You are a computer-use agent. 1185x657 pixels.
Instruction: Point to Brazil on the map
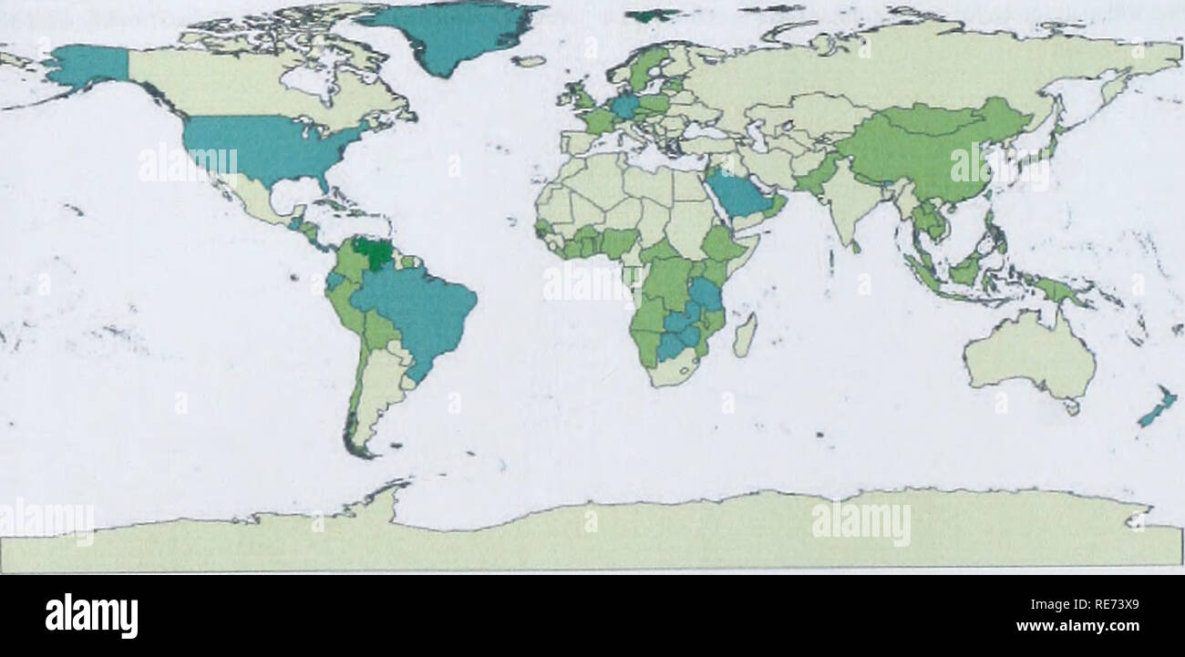(415, 305)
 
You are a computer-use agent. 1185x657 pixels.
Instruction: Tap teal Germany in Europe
(625, 107)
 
